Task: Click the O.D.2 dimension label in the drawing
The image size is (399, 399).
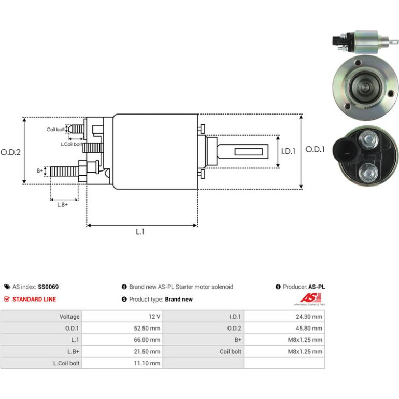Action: coord(10,152)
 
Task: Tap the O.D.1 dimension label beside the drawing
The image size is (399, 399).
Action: coord(315,149)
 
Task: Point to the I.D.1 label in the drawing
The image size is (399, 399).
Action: coord(288,151)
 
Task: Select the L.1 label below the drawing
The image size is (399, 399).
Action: coord(140,232)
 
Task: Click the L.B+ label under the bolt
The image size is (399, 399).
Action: coord(63,205)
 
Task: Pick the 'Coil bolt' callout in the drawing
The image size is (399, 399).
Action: coord(55,130)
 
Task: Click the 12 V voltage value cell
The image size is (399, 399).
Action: coord(154,317)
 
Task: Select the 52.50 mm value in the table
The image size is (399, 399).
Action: coord(147,328)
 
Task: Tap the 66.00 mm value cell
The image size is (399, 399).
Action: coord(147,340)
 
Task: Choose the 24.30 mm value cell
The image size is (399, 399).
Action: coord(309,317)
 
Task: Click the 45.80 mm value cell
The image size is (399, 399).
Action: coord(309,328)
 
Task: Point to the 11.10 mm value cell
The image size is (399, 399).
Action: coord(147,363)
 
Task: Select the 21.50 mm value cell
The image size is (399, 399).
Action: coord(147,352)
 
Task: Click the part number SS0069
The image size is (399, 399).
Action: coord(48,287)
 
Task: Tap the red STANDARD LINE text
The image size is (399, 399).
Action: coord(34,300)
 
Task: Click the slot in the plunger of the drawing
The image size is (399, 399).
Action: coord(249,152)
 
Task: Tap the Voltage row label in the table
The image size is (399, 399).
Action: coord(69,317)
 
